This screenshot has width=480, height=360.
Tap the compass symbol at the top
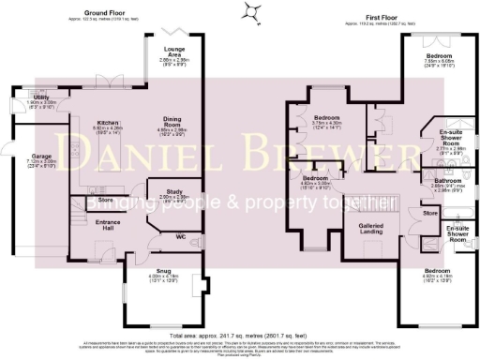250,12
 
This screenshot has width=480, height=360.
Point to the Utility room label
16,97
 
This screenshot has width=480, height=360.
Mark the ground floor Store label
105,200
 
